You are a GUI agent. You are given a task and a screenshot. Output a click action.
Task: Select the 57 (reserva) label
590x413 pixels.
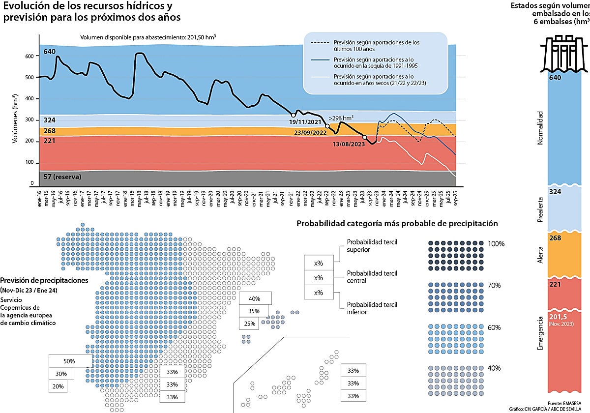[62, 177]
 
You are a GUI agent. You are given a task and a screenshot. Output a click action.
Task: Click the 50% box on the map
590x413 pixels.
[69, 361]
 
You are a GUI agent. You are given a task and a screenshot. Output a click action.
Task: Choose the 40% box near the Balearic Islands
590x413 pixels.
[254, 298]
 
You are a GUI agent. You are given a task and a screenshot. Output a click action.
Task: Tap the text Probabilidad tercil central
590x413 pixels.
[372, 277]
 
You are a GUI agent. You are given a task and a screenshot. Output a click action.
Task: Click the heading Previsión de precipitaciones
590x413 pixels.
[44, 280]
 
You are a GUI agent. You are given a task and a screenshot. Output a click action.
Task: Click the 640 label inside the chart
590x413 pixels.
[50, 52]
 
